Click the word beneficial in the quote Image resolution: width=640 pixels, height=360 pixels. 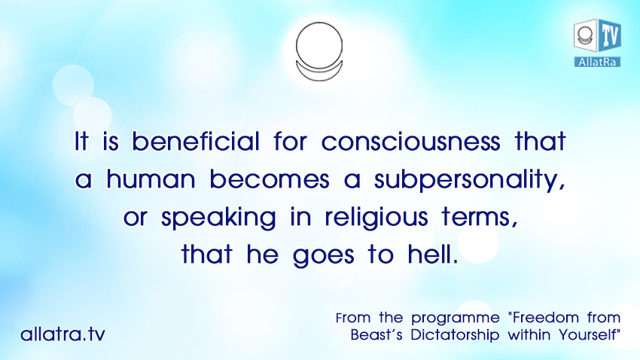click(196, 142)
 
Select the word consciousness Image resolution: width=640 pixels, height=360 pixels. click(410, 142)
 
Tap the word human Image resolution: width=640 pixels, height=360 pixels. click(151, 178)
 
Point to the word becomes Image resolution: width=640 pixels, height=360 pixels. click(270, 178)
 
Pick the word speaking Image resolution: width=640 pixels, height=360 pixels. click(218, 218)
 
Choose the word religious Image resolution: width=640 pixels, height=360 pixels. click(376, 218)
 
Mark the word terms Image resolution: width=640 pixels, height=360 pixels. click(480, 217)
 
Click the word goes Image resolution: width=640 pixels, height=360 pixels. click(323, 256)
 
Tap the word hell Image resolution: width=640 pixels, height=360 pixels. click(432, 254)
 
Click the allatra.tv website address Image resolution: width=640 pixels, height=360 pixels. click(62, 334)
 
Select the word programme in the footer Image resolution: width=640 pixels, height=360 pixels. click(455, 319)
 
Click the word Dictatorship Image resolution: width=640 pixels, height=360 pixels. click(455, 335)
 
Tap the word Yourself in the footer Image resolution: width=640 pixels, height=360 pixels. click(590, 334)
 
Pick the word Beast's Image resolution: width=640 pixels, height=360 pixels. click(376, 334)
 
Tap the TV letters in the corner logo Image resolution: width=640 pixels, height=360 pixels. click(610, 35)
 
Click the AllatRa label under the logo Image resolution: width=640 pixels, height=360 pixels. click(597, 62)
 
